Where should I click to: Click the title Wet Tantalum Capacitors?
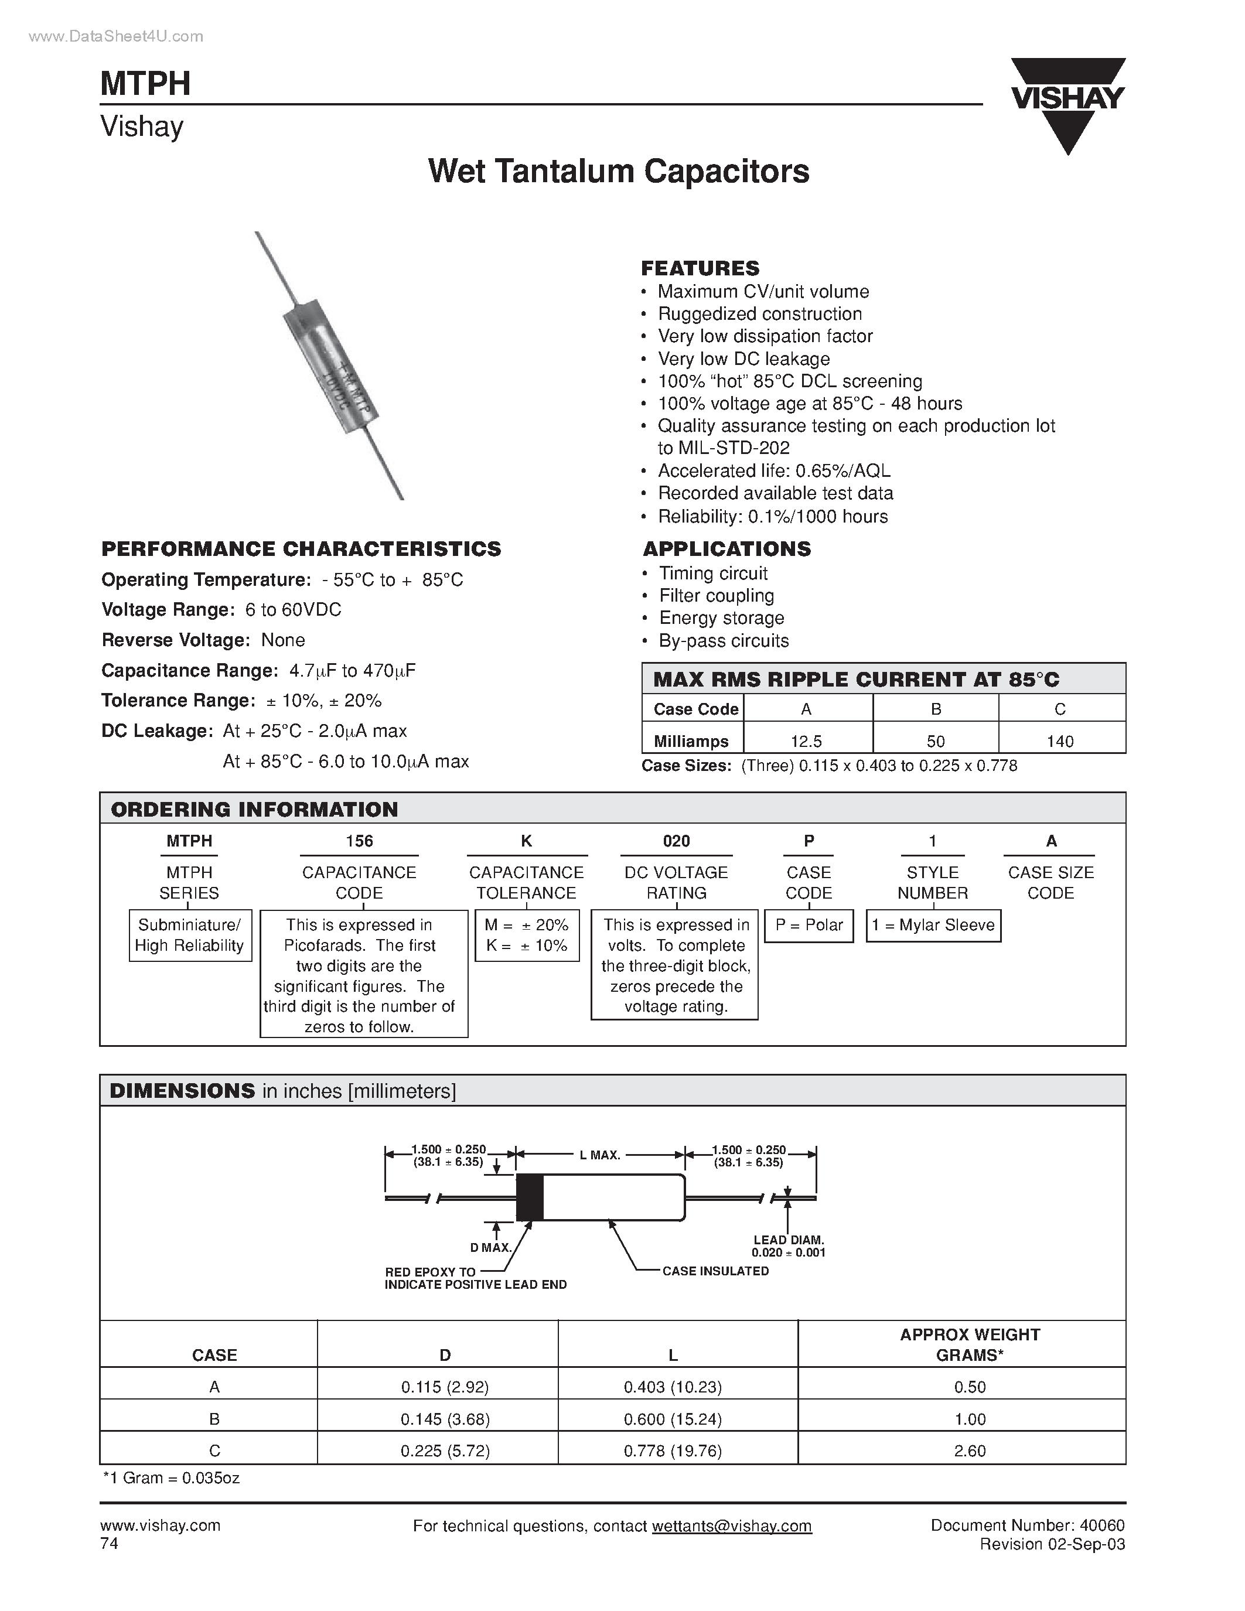pyautogui.click(x=618, y=171)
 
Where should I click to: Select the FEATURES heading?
pyautogui.click(x=700, y=268)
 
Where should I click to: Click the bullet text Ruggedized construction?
pyautogui.click(x=760, y=313)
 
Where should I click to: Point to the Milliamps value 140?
pyautogui.click(x=1060, y=740)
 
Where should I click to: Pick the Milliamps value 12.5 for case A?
pyautogui.click(x=806, y=740)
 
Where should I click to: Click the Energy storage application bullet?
pyautogui.click(x=721, y=618)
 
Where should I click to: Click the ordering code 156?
pyautogui.click(x=359, y=841)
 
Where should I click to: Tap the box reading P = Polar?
pyautogui.click(x=809, y=925)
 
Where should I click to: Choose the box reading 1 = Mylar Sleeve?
pyautogui.click(x=933, y=925)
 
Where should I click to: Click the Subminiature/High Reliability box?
pyautogui.click(x=190, y=936)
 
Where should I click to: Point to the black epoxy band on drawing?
pyautogui.click(x=530, y=1196)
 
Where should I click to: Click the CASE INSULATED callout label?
pyautogui.click(x=715, y=1271)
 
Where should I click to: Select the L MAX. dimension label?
pyautogui.click(x=599, y=1155)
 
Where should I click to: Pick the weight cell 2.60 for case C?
pyautogui.click(x=969, y=1451)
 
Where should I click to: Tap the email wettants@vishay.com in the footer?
pyautogui.click(x=731, y=1526)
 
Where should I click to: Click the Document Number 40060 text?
pyautogui.click(x=1026, y=1525)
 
